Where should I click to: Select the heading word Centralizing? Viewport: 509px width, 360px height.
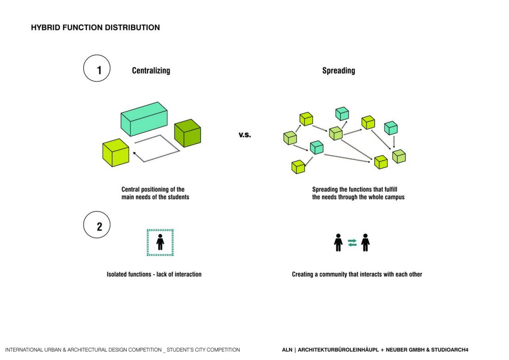pyautogui.click(x=151, y=71)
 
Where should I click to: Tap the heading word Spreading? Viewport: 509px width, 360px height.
pyautogui.click(x=339, y=71)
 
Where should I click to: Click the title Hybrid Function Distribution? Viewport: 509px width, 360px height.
pyautogui.click(x=95, y=28)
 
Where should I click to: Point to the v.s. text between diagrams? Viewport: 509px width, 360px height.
pyautogui.click(x=245, y=135)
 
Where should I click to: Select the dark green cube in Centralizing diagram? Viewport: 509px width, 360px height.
pyautogui.click(x=187, y=133)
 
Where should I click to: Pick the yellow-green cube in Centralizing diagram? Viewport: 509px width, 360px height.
pyautogui.click(x=115, y=153)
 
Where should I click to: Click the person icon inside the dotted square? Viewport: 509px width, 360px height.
pyautogui.click(x=160, y=242)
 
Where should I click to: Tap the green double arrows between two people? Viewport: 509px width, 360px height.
pyautogui.click(x=352, y=242)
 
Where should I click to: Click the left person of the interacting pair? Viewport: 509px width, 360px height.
pyautogui.click(x=338, y=242)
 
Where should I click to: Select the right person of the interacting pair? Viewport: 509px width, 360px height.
pyautogui.click(x=366, y=242)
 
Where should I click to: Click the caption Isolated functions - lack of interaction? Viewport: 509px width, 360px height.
pyautogui.click(x=154, y=274)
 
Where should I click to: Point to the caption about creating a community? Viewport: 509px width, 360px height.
pyautogui.click(x=357, y=274)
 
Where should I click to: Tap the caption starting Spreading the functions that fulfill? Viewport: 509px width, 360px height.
pyautogui.click(x=358, y=193)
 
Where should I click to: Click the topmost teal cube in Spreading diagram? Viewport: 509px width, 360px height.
pyautogui.click(x=342, y=113)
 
